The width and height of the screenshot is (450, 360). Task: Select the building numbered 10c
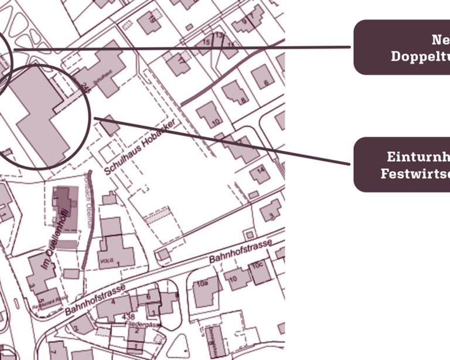(x=258, y=271)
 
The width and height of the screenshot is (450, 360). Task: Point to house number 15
(x=206, y=42)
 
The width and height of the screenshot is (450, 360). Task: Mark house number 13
(x=219, y=36)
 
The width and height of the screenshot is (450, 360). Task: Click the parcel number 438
(x=129, y=317)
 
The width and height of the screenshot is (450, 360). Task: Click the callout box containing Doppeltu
(x=402, y=47)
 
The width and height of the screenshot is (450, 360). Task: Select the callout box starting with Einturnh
(x=402, y=165)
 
